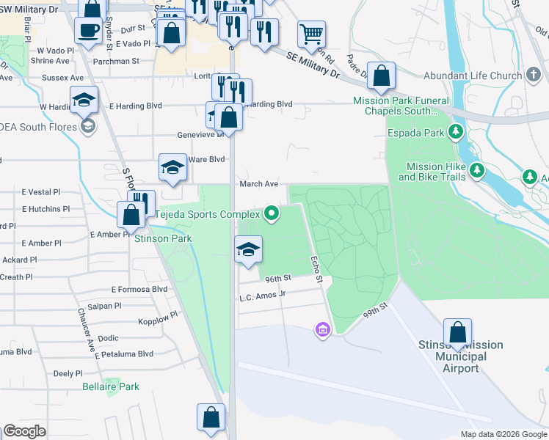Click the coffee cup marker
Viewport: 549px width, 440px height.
(88, 31)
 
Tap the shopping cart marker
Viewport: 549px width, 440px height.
(311, 33)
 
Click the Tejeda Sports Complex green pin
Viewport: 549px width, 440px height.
(272, 214)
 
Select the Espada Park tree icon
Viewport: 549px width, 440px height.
(456, 133)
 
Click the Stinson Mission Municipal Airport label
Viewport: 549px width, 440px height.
(460, 356)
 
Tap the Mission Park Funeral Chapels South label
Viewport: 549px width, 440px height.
(395, 106)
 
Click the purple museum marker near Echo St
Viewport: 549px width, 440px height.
(321, 331)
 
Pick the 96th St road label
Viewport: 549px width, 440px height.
(278, 279)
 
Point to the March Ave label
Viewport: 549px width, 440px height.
(258, 184)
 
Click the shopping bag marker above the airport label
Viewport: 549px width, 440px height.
(457, 331)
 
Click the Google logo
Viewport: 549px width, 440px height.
(24, 431)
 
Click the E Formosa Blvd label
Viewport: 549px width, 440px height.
(139, 289)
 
